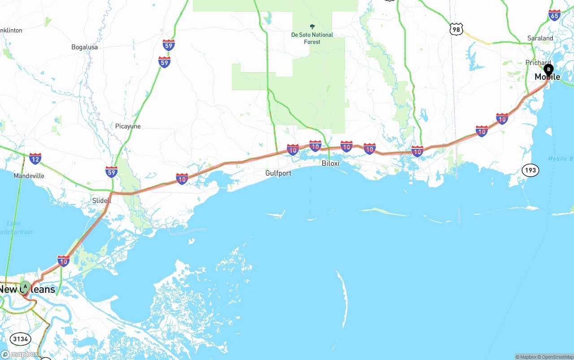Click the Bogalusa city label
point(84,47)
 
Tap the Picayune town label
point(128,126)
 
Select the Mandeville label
point(29,176)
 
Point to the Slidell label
point(102,200)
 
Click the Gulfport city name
point(278,173)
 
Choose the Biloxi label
point(330,163)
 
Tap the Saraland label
point(540,38)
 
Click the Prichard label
point(538,63)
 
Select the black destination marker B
point(548,70)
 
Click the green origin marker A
point(26,286)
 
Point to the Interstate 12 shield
point(35,158)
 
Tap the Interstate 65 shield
point(554,15)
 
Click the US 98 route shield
point(456,30)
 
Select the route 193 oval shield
point(531,170)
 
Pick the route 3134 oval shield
point(20,339)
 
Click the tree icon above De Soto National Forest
point(312,26)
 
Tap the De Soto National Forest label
point(312,38)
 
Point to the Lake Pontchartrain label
point(16,228)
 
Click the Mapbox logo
point(20,354)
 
